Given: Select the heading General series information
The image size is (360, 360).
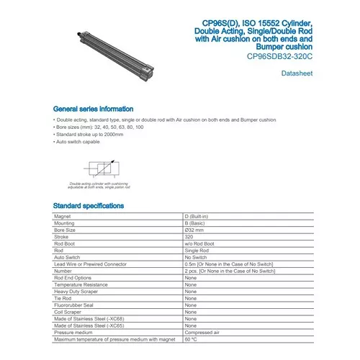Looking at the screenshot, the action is (x=93, y=109).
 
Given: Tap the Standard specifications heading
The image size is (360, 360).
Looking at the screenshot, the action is (x=89, y=205).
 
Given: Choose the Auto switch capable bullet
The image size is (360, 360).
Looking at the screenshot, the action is (x=76, y=143).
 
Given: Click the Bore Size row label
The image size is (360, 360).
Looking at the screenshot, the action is (x=67, y=228).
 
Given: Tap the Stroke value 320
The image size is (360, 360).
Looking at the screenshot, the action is (x=190, y=235).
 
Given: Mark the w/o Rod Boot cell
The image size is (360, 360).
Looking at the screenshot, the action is (x=199, y=243).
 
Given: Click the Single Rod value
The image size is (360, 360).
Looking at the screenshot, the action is (x=196, y=249).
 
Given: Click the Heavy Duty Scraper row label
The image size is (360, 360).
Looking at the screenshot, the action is (x=76, y=291).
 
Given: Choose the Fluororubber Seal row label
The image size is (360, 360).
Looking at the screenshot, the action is (x=75, y=305).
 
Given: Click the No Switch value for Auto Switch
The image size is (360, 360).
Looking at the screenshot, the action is (x=196, y=256).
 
